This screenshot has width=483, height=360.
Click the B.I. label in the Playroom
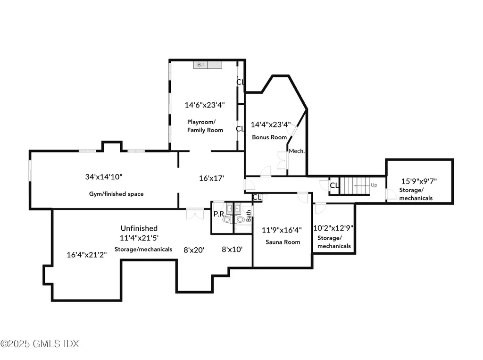pyautogui.click(x=200, y=65)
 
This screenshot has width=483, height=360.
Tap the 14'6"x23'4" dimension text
pyautogui.click(x=204, y=105)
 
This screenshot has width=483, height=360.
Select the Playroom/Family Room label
pyautogui.click(x=205, y=126)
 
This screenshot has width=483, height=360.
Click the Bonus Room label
pyautogui.click(x=269, y=137)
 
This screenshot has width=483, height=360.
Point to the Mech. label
pyautogui.click(x=297, y=151)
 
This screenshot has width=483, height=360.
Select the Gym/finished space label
pyautogui.click(x=117, y=194)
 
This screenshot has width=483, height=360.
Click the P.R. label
pyautogui.click(x=219, y=214)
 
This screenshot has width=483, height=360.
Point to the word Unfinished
pyautogui.click(x=139, y=228)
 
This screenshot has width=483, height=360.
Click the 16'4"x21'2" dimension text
pyautogui.click(x=87, y=255)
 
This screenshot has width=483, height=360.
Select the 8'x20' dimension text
pyautogui.click(x=194, y=250)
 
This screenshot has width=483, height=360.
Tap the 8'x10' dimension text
pyautogui.click(x=233, y=250)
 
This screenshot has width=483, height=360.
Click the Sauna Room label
pyautogui.click(x=282, y=242)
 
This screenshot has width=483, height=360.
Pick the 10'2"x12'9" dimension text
pyautogui.click(x=333, y=228)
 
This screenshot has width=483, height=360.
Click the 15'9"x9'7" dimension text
pyautogui.click(x=419, y=181)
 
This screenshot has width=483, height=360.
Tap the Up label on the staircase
pyautogui.click(x=374, y=185)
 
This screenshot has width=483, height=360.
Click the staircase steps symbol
pyautogui.click(x=354, y=185)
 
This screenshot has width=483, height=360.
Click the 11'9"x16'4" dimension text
pyautogui.click(x=282, y=230)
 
